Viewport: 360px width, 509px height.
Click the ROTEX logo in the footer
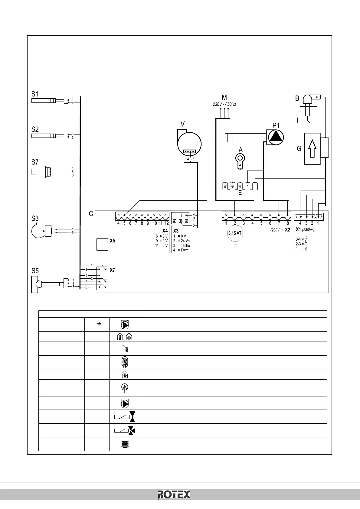174,495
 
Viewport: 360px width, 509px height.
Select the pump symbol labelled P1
275,137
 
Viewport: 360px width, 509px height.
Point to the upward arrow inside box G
312,148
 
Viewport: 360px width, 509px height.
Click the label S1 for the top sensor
35,94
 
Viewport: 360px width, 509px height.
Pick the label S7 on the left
35,162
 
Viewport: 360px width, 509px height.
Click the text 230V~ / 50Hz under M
224,104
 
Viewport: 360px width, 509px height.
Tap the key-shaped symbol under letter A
240,159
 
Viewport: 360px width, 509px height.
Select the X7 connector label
112,270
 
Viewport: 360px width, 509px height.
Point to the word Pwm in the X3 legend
185,250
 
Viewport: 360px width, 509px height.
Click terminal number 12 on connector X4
166,223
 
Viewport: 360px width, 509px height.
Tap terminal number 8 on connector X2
288,223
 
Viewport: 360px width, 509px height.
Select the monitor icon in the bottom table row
126,444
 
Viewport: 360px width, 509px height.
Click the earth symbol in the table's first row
99,325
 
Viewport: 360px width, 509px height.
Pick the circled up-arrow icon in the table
125,388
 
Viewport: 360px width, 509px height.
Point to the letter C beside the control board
91,214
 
